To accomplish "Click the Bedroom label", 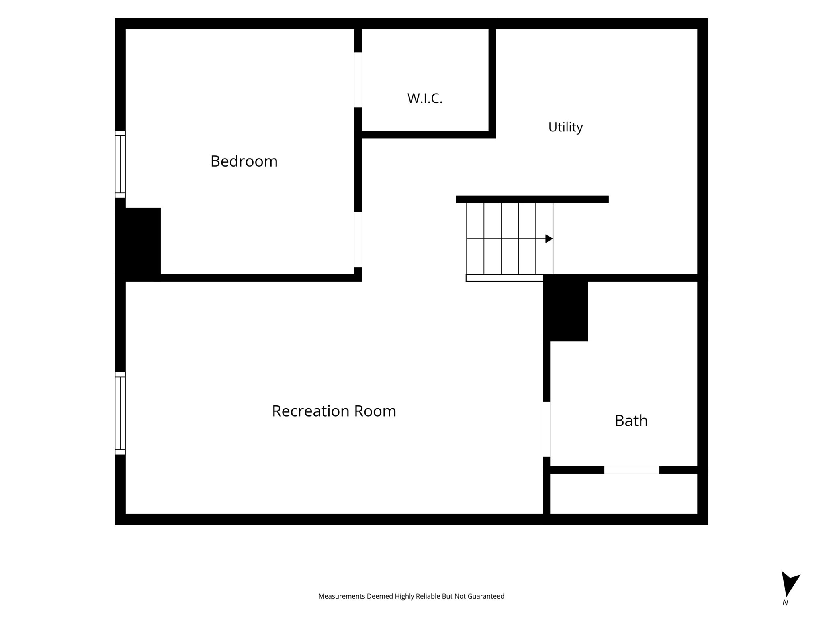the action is (244, 161).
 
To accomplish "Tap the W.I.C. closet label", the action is (425, 98).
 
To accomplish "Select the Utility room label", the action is (565, 127).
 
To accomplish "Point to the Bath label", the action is (631, 421).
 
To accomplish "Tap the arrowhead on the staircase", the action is (549, 239).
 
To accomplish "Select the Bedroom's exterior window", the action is (120, 164).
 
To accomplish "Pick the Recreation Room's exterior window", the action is (120, 413).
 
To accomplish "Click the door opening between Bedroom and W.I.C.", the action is (358, 80).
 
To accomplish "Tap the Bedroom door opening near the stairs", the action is (358, 240).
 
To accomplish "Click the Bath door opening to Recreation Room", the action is (547, 429).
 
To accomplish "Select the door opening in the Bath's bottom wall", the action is (632, 470).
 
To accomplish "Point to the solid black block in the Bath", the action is (565, 308).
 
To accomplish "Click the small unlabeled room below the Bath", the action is (624, 494).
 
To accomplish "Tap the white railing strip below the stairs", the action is (504, 278).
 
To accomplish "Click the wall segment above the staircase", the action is (532, 199).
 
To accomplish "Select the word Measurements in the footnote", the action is (342, 597).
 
